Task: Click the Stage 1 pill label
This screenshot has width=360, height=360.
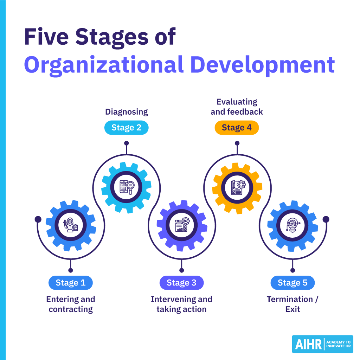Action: pyautogui.click(x=70, y=283)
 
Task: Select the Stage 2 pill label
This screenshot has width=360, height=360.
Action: pyautogui.click(x=126, y=128)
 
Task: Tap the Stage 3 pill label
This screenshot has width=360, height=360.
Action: pyautogui.click(x=181, y=283)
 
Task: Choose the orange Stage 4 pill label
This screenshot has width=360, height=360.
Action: pyautogui.click(x=237, y=128)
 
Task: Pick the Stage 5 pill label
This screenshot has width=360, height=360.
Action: pyautogui.click(x=292, y=283)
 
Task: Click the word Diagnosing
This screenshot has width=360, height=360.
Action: pyautogui.click(x=127, y=112)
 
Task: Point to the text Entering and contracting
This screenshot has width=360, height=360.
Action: pyautogui.click(x=71, y=304)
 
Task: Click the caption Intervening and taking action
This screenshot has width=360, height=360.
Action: pyautogui.click(x=181, y=304)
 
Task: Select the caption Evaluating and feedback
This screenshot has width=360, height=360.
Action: pyautogui.click(x=237, y=107)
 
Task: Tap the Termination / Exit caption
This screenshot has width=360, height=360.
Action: pyautogui.click(x=292, y=304)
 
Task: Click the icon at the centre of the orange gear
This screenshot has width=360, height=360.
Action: pyautogui.click(x=237, y=187)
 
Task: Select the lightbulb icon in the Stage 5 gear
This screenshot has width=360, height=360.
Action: pyautogui.click(x=292, y=225)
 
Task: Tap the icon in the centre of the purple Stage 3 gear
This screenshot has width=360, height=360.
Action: pyautogui.click(x=181, y=225)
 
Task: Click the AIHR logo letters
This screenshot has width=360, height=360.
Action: pyautogui.click(x=307, y=344)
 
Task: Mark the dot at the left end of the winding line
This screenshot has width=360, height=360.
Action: pyautogui.click(x=38, y=219)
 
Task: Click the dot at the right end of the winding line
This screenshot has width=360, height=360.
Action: pyautogui.click(x=326, y=219)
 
